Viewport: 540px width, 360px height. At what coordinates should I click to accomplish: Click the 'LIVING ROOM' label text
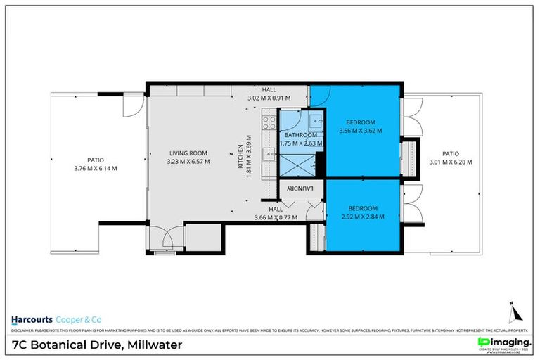[x=188, y=153]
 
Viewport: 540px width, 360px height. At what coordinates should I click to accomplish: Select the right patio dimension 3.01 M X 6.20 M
[x=451, y=162]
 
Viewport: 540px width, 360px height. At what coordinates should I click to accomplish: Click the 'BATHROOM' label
[x=300, y=135]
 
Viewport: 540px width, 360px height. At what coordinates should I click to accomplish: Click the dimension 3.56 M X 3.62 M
[x=360, y=131]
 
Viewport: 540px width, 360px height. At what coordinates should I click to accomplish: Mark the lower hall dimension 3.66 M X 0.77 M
[x=276, y=217]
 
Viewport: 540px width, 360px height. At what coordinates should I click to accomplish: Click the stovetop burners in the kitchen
[x=268, y=124]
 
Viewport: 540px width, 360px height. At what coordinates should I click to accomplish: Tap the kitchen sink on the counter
[x=268, y=155]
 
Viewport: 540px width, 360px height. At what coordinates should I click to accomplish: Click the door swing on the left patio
[x=130, y=106]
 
